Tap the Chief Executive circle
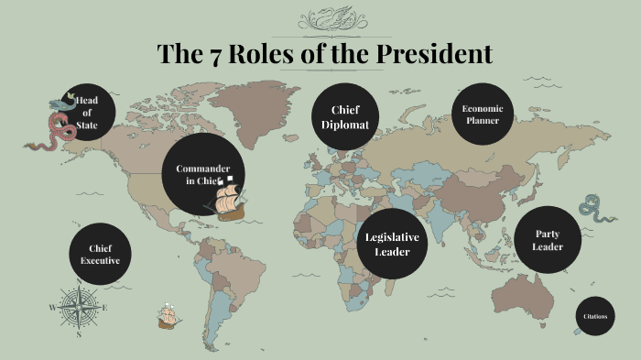pyautogui.click(x=100, y=254)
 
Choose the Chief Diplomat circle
pyautogui.click(x=345, y=117)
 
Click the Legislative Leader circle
pyautogui.click(x=392, y=244)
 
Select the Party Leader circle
pyautogui.click(x=548, y=240)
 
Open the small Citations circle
pyautogui.click(x=594, y=316)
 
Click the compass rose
pyautogui.click(x=80, y=307)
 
